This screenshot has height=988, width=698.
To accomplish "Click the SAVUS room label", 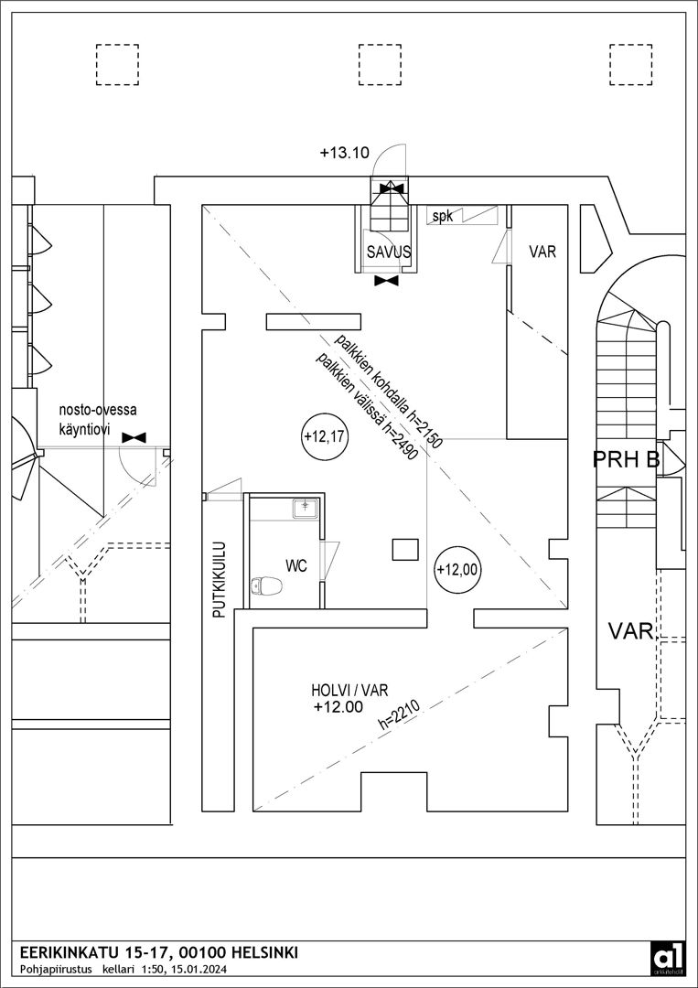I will tap(388, 252).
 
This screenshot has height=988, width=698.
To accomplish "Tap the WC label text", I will tap(295, 566).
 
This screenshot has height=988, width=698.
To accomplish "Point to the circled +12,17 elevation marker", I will tap(325, 437).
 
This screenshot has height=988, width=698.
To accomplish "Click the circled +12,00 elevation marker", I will tap(457, 569).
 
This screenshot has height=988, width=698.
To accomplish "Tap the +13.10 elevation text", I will tap(344, 154).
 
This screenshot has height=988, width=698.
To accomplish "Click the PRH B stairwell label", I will tap(627, 458).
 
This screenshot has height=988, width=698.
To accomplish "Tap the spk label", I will tap(443, 217).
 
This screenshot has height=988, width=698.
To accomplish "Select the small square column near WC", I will tap(405, 549).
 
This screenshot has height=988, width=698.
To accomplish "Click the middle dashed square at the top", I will tap(373, 63).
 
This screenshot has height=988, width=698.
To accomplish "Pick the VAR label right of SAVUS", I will tap(542, 252).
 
